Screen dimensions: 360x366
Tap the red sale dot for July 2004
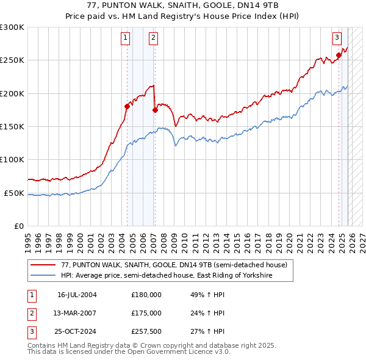(x=127, y=106)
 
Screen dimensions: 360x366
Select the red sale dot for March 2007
(x=155, y=110)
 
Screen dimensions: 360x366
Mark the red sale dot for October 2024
(x=339, y=56)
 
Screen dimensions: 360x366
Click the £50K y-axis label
(x=14, y=193)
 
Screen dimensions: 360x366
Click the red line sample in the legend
(x=43, y=265)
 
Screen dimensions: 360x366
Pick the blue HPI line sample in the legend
(x=43, y=276)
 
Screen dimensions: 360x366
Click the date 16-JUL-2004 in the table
(x=77, y=295)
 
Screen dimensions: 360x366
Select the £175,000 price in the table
(x=146, y=313)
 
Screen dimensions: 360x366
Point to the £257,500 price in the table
(x=146, y=331)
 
